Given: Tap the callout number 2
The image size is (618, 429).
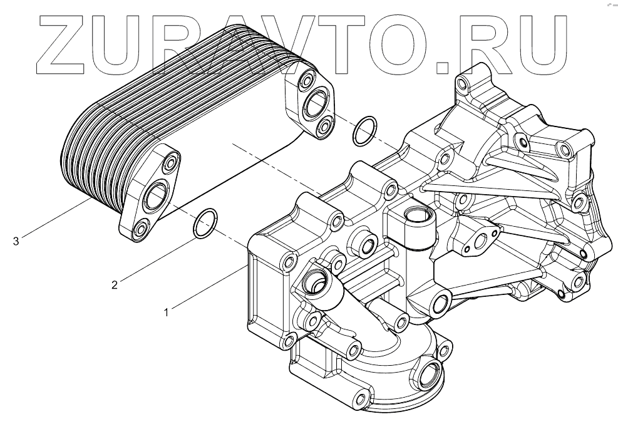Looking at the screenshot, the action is (x=115, y=285).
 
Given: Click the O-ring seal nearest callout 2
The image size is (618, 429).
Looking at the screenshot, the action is (x=205, y=223).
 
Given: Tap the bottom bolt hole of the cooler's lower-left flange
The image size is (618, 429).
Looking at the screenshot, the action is (x=139, y=229).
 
